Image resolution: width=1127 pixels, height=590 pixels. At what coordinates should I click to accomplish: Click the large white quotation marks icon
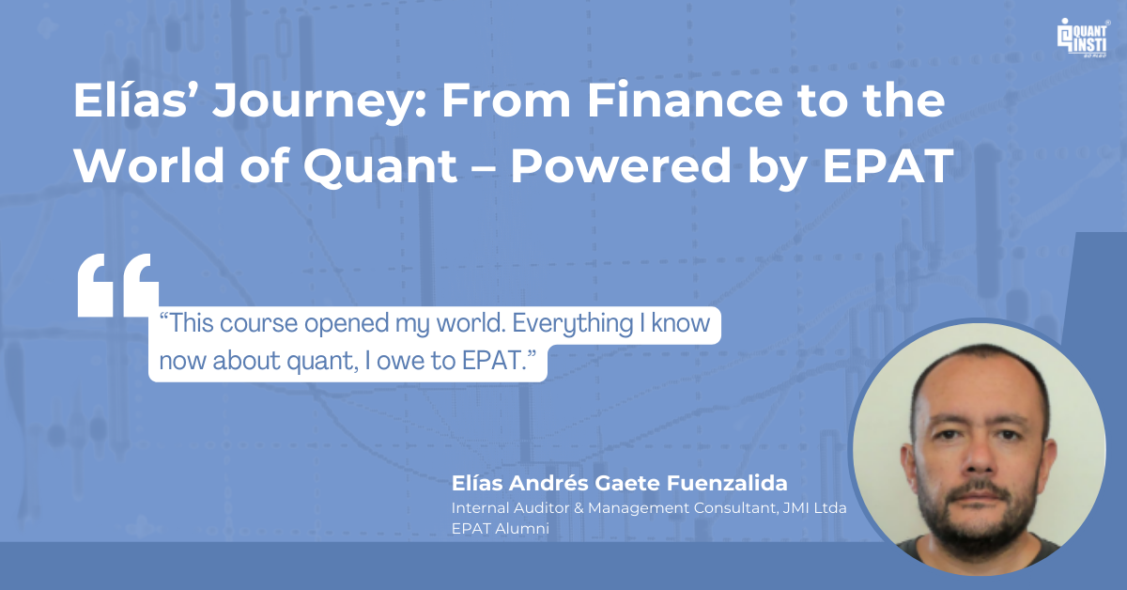click(117, 285)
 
